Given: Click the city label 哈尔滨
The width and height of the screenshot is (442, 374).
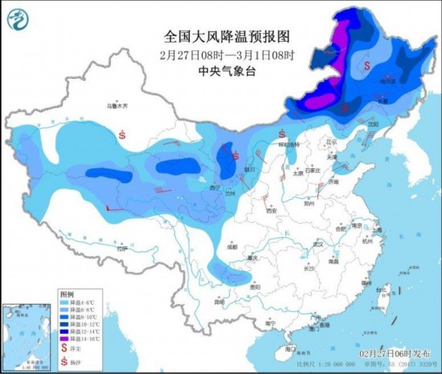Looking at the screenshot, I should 388,80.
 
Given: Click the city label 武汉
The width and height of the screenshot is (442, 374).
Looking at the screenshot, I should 322,244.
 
